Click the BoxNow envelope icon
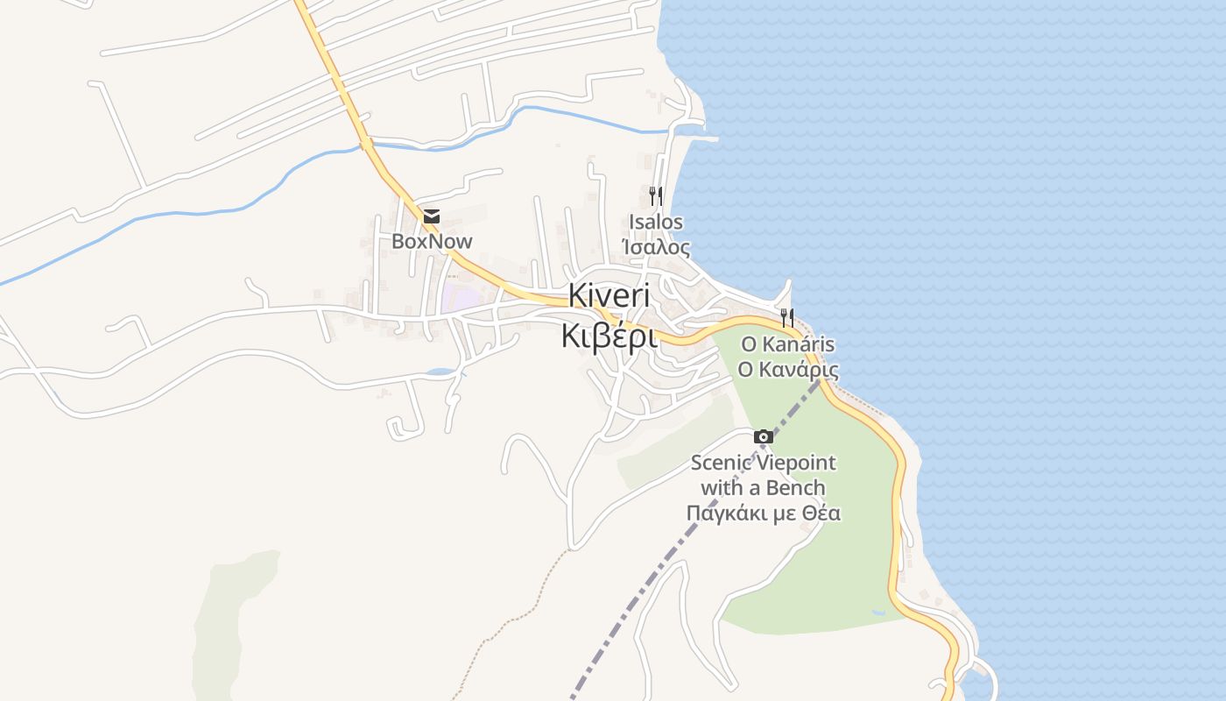pos(431,216)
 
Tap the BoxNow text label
pos(432,241)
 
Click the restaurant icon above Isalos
pos(655,195)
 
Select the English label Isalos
pos(656,222)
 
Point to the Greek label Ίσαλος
pos(656,247)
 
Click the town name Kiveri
pos(609,296)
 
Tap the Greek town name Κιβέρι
pos(609,336)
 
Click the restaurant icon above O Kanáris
pos(787,317)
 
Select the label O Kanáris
pos(787,343)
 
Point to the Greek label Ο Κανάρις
pos(788,369)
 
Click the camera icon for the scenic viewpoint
pos(764,436)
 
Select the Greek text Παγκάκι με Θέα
pos(763,513)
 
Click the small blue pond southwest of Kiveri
pos(440,372)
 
